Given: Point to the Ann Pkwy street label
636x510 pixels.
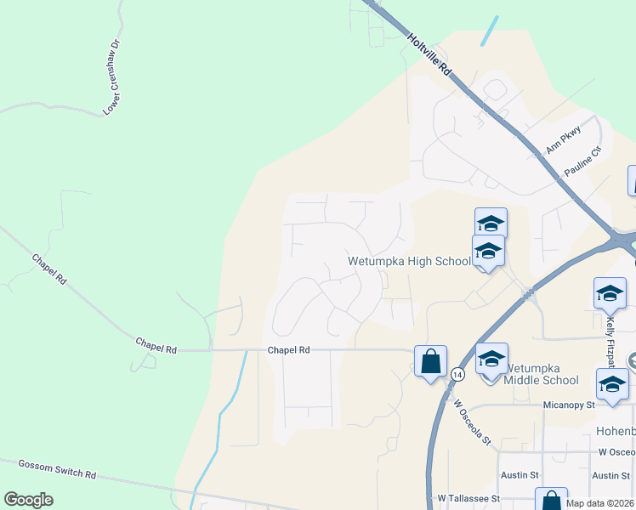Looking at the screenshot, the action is tap(563, 139).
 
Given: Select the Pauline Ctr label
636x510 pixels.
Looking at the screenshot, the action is tap(583, 162).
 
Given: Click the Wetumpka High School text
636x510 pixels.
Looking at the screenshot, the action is tap(409, 262).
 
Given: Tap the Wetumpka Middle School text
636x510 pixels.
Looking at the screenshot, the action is tap(542, 374).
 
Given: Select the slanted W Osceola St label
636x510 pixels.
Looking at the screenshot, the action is tap(472, 422).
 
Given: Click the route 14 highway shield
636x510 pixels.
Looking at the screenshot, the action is tap(457, 374).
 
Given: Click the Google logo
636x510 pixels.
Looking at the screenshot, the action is tap(28, 500).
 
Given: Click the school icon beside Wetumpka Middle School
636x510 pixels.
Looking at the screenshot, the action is tap(491, 358).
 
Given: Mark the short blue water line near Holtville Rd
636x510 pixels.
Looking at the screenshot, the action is tap(489, 31).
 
